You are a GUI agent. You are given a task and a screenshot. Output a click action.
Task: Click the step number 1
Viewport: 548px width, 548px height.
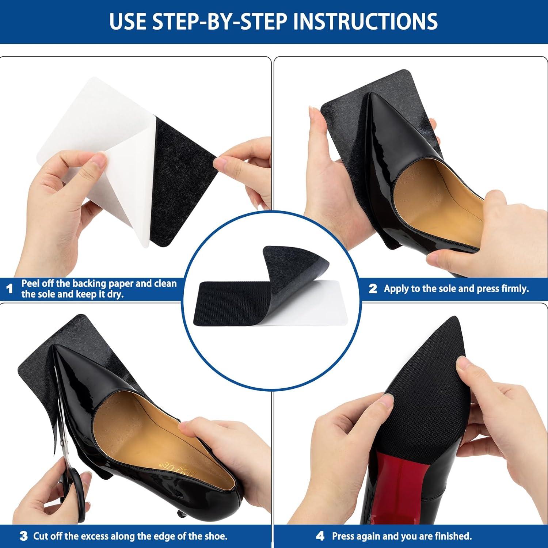click(x=10, y=289)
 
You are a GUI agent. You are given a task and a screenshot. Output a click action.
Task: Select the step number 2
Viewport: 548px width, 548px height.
click(x=373, y=289)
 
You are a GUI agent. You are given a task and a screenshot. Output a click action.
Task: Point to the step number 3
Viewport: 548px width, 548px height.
click(x=23, y=536)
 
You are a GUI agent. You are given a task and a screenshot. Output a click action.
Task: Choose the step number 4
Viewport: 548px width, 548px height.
click(x=320, y=536)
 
